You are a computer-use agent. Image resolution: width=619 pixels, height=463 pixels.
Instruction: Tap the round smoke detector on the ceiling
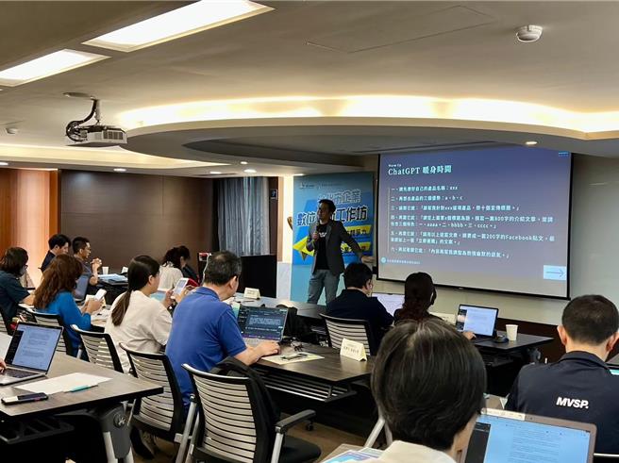tap(528, 33)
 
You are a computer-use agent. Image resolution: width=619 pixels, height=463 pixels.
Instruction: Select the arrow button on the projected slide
tap(554, 273)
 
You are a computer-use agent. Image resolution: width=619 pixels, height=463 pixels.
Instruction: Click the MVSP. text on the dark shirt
tap(572, 403)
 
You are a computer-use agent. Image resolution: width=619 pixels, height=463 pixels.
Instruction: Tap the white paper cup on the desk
tap(511, 332)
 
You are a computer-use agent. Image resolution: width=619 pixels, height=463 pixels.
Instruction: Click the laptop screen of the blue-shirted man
tap(261, 323)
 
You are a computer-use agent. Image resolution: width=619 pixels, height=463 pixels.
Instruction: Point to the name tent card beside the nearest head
tap(352, 350)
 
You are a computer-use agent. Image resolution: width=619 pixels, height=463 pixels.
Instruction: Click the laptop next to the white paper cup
tap(477, 320)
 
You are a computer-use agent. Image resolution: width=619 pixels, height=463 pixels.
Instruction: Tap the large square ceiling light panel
tap(179, 24)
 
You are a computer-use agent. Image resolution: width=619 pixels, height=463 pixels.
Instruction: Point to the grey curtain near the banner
tap(243, 217)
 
